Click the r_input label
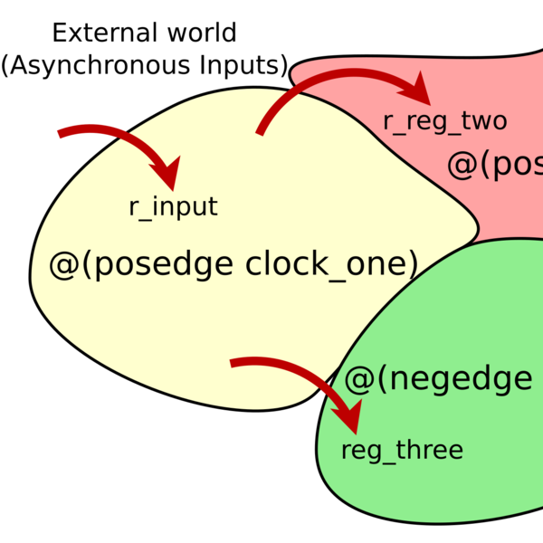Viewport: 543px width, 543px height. tap(173, 207)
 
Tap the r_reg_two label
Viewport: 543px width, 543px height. tap(444, 121)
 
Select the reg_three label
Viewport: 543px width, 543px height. tap(402, 450)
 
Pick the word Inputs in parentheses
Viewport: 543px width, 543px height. tap(241, 66)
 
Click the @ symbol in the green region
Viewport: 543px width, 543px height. tap(358, 378)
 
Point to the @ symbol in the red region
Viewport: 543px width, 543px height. tap(462, 165)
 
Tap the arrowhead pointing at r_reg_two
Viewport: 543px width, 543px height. tap(417, 90)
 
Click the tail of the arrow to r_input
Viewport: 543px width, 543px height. tap(60, 135)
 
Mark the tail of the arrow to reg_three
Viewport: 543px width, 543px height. tap(232, 363)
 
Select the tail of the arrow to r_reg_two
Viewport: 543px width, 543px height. tap(260, 134)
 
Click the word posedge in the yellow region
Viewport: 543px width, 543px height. tap(165, 264)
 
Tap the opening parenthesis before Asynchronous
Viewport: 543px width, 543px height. tap(5, 66)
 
